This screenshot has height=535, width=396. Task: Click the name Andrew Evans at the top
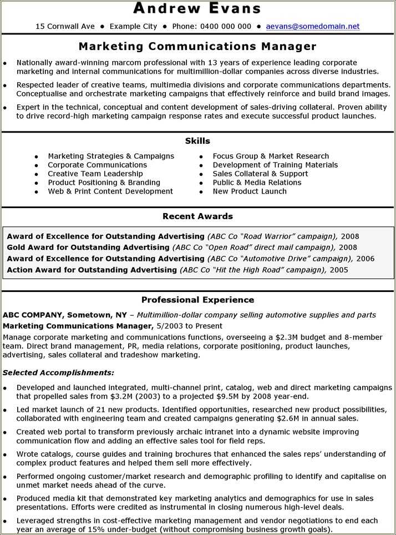pyautogui.click(x=197, y=8)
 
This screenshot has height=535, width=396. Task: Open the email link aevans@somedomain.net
pyautogui.click(x=313, y=26)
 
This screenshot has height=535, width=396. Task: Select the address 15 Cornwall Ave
pyautogui.click(x=65, y=26)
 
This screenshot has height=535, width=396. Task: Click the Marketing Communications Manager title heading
pyautogui.click(x=197, y=46)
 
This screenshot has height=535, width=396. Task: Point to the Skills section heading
pyautogui.click(x=197, y=141)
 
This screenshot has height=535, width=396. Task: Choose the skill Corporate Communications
pyautogui.click(x=97, y=165)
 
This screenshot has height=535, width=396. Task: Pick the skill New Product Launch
pyautogui.click(x=250, y=191)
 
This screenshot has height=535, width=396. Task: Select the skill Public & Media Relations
pyautogui.click(x=257, y=183)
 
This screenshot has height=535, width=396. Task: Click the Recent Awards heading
pyautogui.click(x=197, y=216)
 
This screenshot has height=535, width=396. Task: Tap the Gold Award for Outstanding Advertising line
pyautogui.click(x=88, y=248)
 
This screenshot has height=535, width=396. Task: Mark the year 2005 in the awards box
pyautogui.click(x=339, y=270)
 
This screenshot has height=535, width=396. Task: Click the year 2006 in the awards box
pyautogui.click(x=365, y=259)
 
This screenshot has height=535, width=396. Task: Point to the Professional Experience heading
pyautogui.click(x=197, y=300)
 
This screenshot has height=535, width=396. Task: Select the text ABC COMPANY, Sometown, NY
pyautogui.click(x=65, y=315)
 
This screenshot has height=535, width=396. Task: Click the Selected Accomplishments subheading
pyautogui.click(x=58, y=372)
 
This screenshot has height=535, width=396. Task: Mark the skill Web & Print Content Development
pyautogui.click(x=110, y=191)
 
